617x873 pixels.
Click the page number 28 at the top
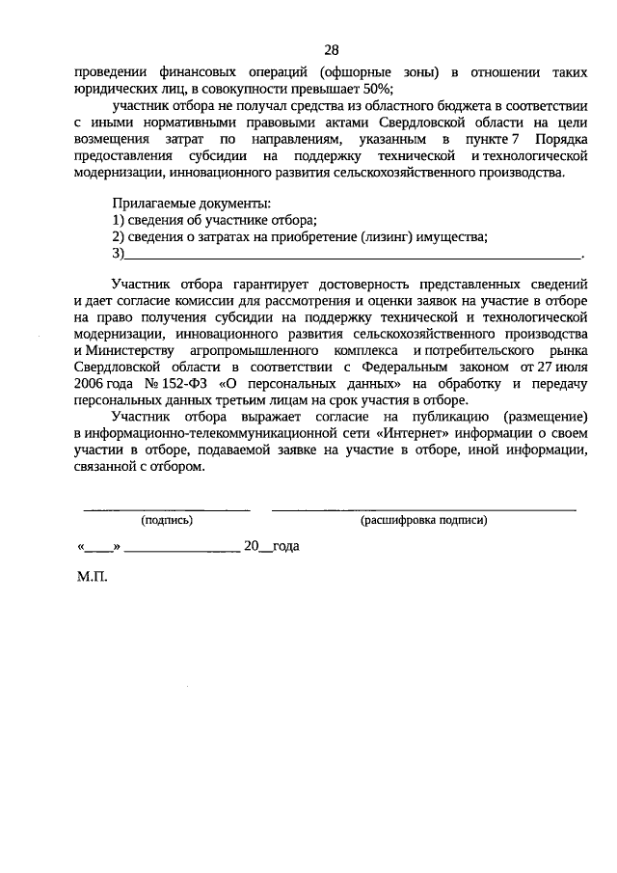[x=331, y=50]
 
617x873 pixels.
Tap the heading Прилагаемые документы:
[x=192, y=204]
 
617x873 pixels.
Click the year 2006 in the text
[x=89, y=384]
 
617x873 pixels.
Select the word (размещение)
[x=540, y=417]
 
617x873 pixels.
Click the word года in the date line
[x=285, y=545]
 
